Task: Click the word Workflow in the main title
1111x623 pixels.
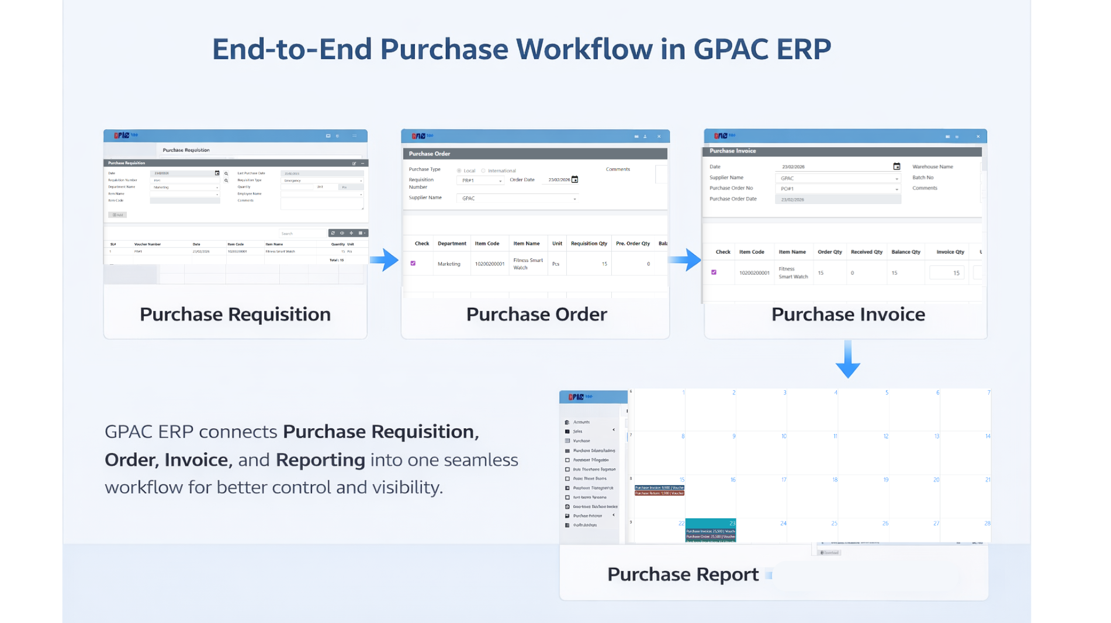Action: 584,49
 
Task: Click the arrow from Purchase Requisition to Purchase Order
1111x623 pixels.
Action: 384,259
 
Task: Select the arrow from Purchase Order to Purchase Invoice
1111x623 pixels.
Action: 685,259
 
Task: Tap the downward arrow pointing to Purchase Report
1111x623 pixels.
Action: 847,359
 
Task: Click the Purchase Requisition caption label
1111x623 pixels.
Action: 235,314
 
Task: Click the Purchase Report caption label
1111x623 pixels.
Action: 683,574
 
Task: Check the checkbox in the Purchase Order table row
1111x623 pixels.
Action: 413,264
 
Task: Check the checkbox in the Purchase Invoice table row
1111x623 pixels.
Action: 714,272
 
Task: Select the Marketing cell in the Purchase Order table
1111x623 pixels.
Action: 449,264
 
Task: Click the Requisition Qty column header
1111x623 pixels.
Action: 589,244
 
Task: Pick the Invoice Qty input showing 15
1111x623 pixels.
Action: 947,273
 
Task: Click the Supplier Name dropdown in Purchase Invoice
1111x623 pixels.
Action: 837,178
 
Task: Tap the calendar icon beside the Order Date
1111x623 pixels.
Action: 575,179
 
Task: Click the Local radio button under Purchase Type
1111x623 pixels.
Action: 459,171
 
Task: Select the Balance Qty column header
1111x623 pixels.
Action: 905,252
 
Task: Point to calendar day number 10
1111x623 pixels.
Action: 784,437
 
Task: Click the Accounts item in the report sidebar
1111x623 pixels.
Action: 581,422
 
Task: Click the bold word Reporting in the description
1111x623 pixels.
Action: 320,460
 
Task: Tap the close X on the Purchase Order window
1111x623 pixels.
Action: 659,137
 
